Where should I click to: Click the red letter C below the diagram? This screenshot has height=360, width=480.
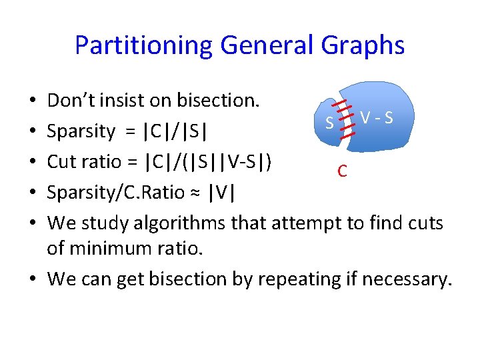click(341, 171)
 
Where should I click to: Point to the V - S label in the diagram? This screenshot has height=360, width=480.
click(376, 118)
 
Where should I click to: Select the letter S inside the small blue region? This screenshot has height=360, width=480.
click(329, 123)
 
